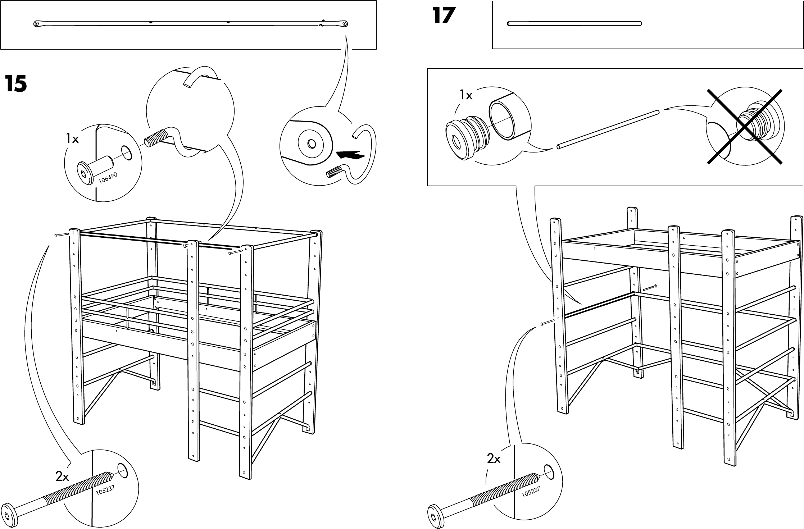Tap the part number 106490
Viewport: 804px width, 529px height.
click(x=108, y=178)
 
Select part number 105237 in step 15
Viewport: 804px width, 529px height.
click(x=105, y=491)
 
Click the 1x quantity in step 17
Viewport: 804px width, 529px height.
click(x=466, y=95)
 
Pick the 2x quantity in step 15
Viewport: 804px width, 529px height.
click(x=62, y=477)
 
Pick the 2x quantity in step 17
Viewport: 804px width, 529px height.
click(x=494, y=459)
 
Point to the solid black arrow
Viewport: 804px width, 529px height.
click(x=350, y=155)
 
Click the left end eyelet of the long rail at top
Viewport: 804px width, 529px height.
click(x=36, y=24)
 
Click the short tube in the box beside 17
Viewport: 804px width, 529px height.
click(x=574, y=24)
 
